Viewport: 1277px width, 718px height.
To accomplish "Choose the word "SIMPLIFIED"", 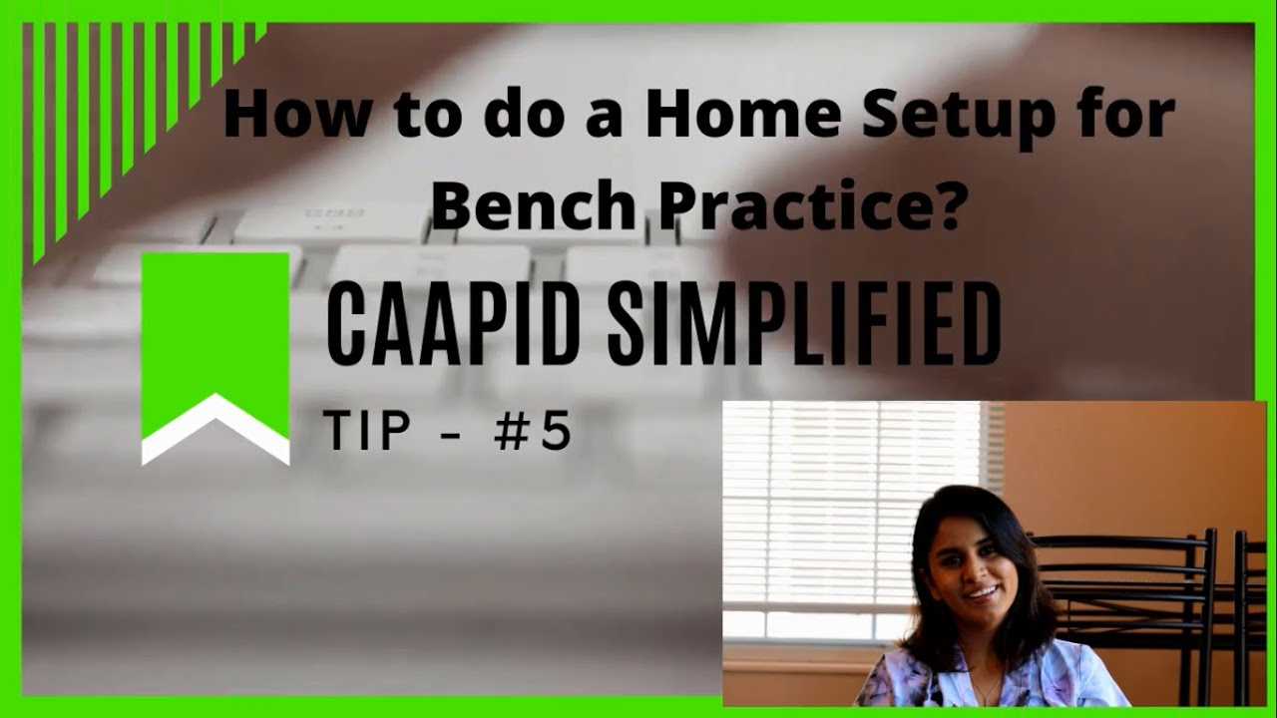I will coord(804,324).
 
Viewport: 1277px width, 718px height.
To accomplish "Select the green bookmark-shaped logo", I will coord(214,329).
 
